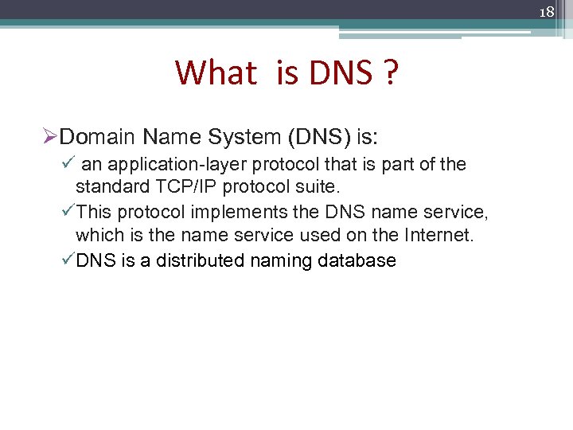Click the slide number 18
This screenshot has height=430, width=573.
[546, 13]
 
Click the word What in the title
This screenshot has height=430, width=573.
[216, 73]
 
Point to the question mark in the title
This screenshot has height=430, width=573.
[389, 73]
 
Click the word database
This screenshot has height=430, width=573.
[357, 260]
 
